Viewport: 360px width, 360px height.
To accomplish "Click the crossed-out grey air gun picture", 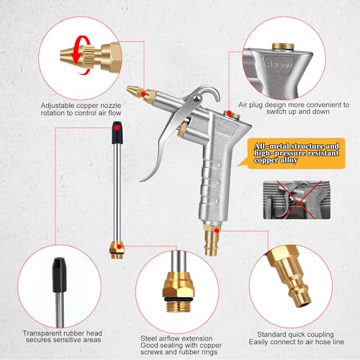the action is coord(297,200).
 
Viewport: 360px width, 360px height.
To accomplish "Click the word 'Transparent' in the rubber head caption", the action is coord(42,333).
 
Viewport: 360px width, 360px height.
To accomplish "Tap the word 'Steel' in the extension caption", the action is coord(148,338).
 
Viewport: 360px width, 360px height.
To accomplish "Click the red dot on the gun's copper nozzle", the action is coord(143,94).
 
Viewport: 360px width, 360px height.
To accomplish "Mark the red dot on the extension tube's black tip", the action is coord(117,128).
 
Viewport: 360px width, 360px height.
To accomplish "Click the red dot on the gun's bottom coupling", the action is coord(217,230).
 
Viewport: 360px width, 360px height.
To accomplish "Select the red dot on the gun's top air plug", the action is coord(229,113).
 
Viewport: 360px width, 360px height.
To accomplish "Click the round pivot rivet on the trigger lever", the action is coord(197,98).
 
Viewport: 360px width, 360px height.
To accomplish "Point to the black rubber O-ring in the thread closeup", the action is coord(179,300).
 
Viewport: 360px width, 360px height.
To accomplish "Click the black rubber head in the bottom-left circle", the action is coord(59,275).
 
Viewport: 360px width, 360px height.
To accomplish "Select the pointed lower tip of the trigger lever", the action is coord(140,181).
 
